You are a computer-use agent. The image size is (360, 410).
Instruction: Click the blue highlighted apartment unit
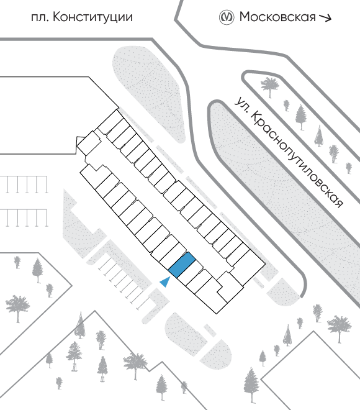182,265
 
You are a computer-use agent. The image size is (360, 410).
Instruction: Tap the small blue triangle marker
166,282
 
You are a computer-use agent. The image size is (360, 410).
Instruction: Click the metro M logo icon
226,17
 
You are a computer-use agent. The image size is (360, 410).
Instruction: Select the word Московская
277,17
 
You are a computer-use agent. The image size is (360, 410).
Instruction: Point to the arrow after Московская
325,17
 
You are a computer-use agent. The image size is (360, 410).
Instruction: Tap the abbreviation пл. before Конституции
40,19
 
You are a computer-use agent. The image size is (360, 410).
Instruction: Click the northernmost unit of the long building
110,122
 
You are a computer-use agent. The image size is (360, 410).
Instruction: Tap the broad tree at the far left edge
17,307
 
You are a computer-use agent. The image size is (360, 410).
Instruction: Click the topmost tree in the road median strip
270,86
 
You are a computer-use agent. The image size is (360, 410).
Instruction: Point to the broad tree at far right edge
340,328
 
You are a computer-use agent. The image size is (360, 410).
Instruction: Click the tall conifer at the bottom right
251,385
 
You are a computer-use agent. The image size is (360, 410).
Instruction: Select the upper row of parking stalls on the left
24,184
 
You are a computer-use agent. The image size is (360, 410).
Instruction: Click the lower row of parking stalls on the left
24,217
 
